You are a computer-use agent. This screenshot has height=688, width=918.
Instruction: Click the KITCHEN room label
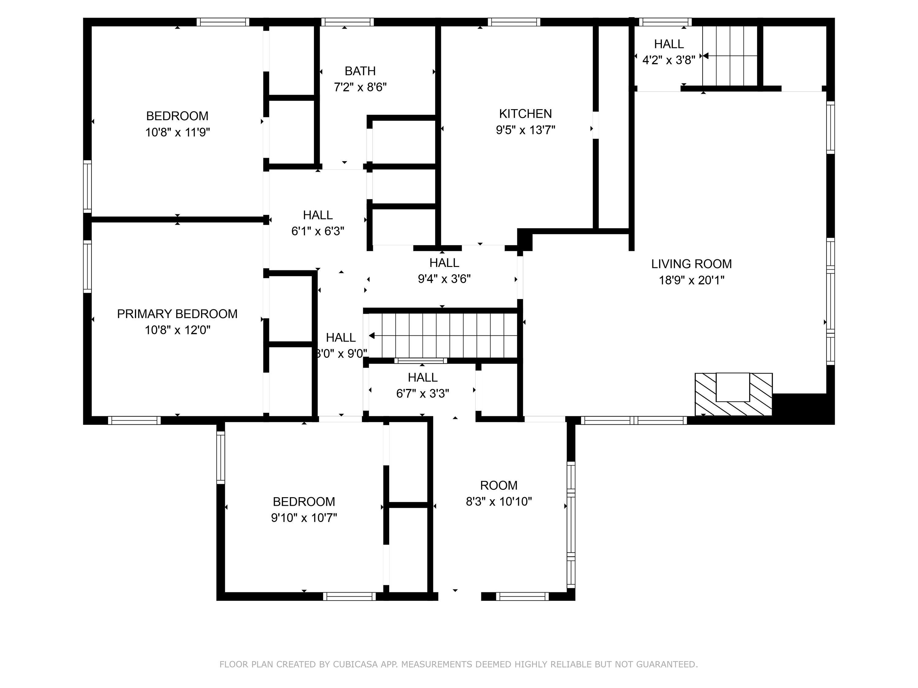click(525, 114)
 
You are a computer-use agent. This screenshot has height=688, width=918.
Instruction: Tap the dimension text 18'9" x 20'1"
click(691, 280)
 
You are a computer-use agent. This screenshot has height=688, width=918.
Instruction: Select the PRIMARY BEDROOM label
click(177, 314)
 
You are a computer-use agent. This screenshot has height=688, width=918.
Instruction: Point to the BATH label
click(360, 71)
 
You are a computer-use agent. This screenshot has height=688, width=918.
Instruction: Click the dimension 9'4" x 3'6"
click(444, 279)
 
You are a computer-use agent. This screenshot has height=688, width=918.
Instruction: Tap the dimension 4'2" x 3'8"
click(669, 61)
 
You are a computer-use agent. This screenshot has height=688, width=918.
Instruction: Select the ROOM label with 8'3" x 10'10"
click(498, 485)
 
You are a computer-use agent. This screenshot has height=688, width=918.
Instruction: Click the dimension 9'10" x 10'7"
click(304, 518)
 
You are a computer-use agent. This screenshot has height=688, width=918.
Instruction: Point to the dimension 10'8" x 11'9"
click(177, 133)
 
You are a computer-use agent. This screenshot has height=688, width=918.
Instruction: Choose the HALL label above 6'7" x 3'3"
click(423, 377)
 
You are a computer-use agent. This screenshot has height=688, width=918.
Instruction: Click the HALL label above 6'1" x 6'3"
click(318, 215)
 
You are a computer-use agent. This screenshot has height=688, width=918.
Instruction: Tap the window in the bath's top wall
click(347, 22)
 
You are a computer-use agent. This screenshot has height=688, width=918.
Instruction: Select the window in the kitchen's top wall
click(514, 22)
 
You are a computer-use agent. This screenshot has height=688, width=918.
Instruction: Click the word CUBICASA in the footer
click(355, 664)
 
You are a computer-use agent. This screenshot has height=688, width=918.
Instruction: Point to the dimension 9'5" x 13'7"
click(525, 130)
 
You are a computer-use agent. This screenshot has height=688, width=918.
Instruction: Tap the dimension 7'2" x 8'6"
click(360, 87)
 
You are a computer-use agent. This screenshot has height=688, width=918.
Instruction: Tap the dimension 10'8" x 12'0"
click(177, 331)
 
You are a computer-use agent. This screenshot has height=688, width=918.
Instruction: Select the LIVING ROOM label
click(691, 264)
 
